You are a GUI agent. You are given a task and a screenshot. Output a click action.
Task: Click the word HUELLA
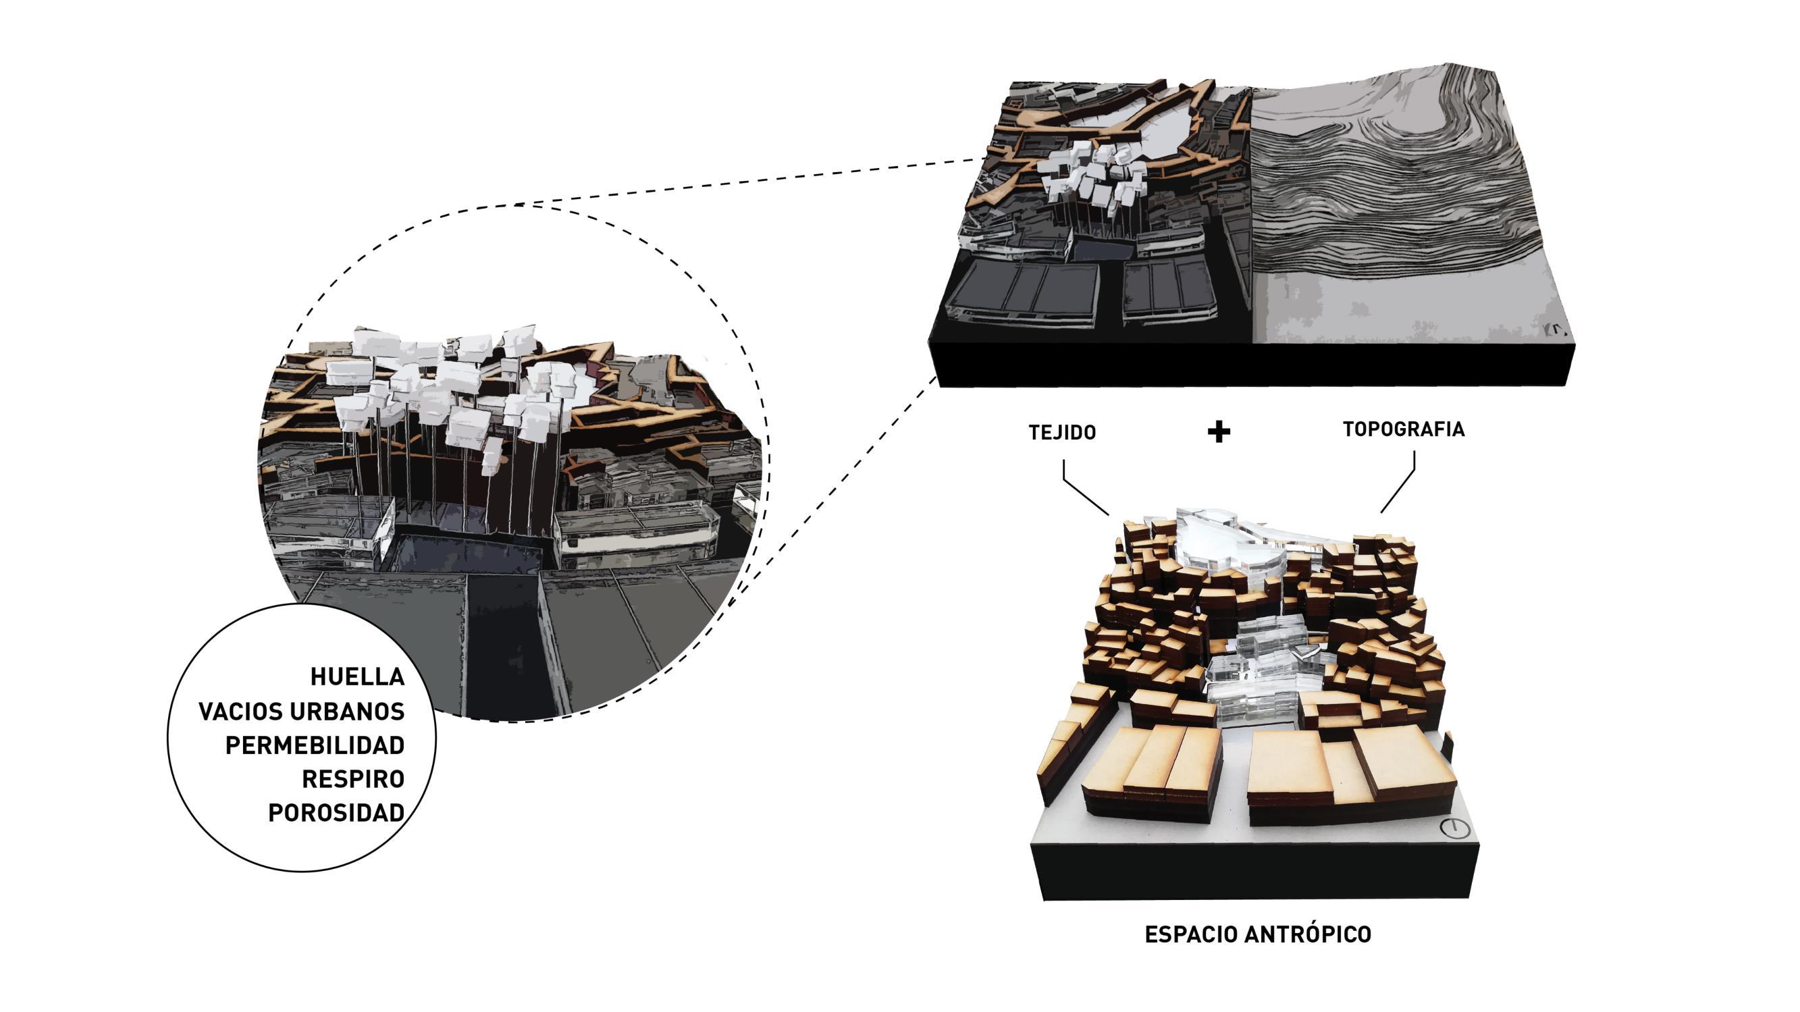[357, 676]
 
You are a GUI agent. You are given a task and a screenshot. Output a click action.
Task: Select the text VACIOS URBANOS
[302, 712]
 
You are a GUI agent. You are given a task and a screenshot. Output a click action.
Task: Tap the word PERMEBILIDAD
[315, 746]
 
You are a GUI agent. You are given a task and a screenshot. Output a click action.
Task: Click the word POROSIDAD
[336, 813]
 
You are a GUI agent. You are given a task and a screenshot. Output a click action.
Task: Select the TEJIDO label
[1062, 433]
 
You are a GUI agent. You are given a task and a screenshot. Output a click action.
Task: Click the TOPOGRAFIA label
[1403, 429]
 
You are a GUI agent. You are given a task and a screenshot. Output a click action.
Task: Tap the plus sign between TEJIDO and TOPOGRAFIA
[1219, 432]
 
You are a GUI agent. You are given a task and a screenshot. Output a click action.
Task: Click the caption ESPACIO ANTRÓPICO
[1258, 934]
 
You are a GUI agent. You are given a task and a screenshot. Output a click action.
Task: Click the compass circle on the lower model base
[1455, 829]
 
